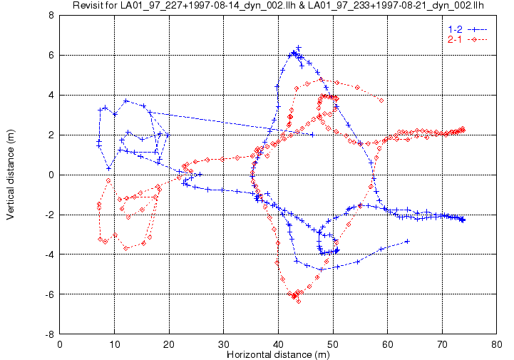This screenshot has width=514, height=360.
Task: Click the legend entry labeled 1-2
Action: pyautogui.click(x=454, y=29)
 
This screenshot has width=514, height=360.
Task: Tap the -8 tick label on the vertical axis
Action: pyautogui.click(x=50, y=334)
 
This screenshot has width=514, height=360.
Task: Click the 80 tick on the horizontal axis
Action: pyautogui.click(x=497, y=344)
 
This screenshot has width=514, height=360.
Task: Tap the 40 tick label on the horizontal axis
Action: pyautogui.click(x=278, y=344)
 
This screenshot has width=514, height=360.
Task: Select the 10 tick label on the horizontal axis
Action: pyautogui.click(x=114, y=344)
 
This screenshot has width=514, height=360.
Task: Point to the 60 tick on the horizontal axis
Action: pyautogui.click(x=388, y=344)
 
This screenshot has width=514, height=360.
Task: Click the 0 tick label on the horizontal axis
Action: pyautogui.click(x=60, y=344)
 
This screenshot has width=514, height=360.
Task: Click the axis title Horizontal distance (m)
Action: pyautogui.click(x=278, y=354)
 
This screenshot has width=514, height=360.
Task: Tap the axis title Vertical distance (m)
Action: pyautogui.click(x=11, y=175)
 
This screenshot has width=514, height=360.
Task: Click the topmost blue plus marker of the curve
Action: pyautogui.click(x=298, y=48)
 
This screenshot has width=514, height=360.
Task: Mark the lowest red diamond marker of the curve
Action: pyautogui.click(x=298, y=302)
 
